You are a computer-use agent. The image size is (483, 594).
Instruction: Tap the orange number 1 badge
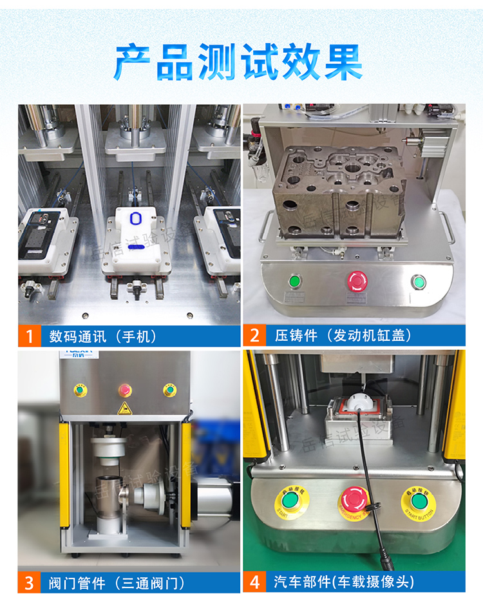click(28, 336)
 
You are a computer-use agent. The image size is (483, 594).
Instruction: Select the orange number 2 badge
click(254, 336)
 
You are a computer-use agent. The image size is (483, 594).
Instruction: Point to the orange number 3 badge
click(28, 582)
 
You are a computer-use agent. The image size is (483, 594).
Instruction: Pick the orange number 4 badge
click(254, 582)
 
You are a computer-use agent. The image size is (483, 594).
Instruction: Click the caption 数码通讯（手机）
click(103, 336)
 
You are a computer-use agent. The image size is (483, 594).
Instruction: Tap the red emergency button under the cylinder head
click(355, 280)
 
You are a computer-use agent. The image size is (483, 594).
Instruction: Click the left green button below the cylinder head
click(295, 281)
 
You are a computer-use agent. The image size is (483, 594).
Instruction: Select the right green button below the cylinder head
click(418, 282)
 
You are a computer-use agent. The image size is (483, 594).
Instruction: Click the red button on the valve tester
click(124, 389)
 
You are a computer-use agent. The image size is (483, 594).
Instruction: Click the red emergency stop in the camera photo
click(354, 499)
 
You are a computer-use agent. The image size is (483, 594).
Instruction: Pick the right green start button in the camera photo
click(417, 499)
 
